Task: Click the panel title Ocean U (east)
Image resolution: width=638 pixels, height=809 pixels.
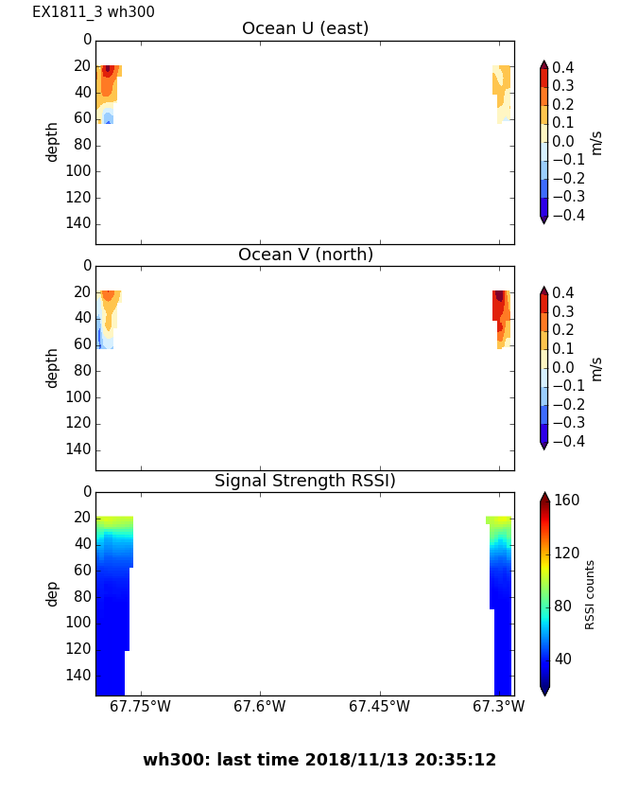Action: (x=305, y=28)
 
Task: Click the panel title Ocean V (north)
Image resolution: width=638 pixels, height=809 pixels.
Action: (x=305, y=255)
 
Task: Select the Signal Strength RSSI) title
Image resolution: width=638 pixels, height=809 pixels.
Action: (x=305, y=481)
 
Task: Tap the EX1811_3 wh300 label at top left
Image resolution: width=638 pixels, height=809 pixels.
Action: (x=94, y=12)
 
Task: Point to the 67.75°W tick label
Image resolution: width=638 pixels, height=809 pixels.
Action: (x=141, y=707)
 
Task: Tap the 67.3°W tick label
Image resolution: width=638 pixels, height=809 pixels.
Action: (x=498, y=707)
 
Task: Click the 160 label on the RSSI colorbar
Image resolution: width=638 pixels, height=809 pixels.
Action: (x=567, y=501)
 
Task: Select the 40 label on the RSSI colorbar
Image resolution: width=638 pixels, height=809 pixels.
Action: (x=563, y=659)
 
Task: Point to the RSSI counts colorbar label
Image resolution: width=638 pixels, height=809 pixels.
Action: (x=590, y=594)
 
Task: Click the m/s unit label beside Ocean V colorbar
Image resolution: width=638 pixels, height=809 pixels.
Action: (x=596, y=368)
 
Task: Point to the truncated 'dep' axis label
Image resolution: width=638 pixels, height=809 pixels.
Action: (x=53, y=593)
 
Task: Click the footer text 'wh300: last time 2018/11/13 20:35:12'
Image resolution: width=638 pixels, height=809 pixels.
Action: (x=319, y=760)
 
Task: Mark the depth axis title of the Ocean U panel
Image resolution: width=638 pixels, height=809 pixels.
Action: (x=53, y=141)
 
